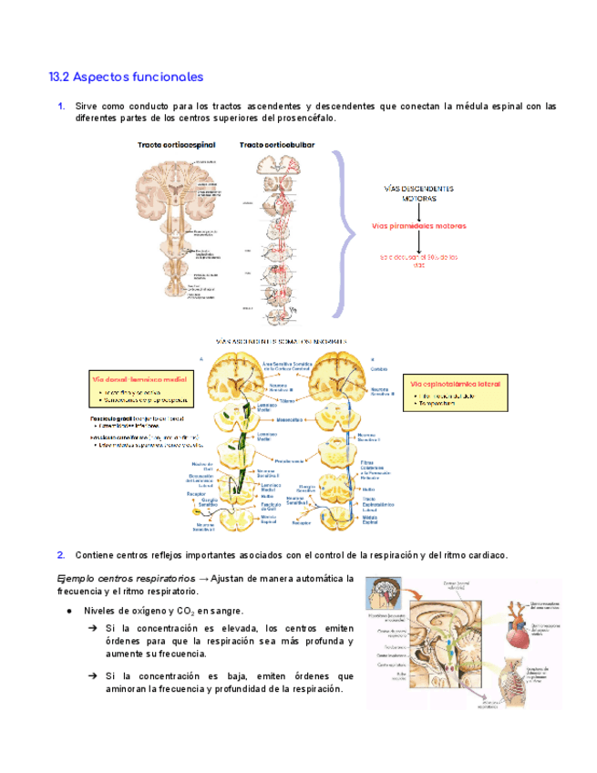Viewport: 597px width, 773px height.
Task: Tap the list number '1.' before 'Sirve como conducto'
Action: pos(60,106)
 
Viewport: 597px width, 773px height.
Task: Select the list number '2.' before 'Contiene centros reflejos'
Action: pos(60,554)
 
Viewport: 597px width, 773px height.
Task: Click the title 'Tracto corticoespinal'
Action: pos(175,145)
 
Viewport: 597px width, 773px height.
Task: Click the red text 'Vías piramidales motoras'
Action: pos(419,224)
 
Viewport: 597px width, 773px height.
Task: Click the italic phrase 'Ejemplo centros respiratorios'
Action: pos(126,578)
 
